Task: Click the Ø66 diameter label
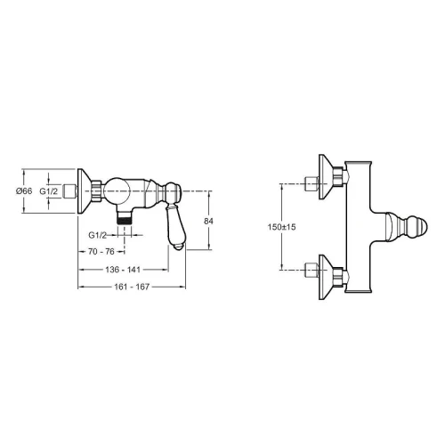24,190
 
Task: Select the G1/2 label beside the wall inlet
49,191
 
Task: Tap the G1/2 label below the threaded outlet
97,235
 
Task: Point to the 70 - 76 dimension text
101,252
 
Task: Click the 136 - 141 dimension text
123,270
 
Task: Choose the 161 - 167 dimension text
132,287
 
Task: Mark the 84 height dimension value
208,221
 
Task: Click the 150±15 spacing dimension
281,227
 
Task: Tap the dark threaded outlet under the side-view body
125,221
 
